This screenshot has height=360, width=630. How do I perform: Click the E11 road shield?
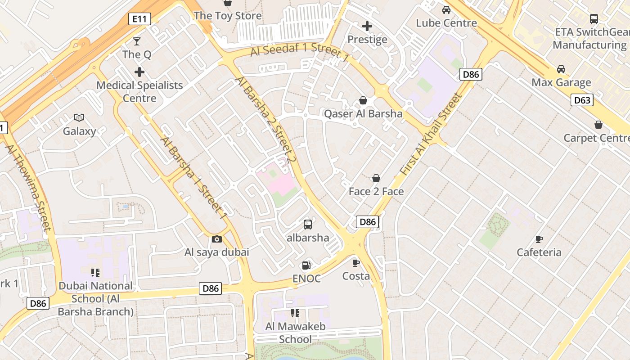coord(139,19)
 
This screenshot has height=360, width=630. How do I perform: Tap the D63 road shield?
coord(582,100)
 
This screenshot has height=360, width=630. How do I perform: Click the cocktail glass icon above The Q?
coord(137,41)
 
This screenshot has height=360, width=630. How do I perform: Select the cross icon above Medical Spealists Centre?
coord(139,72)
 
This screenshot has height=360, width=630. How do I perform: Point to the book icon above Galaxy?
coord(79,118)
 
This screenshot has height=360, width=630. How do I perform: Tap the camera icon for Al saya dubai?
coord(217,239)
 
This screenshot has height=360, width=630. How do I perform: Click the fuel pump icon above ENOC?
coord(306,265)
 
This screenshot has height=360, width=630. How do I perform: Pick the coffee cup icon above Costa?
coord(356,263)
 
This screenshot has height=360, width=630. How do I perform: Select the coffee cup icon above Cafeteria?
coord(539,239)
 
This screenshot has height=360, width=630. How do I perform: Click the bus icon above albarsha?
coord(308,224)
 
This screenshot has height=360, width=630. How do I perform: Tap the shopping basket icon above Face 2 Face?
coord(376,179)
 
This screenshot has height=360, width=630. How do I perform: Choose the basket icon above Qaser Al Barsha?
coord(363,100)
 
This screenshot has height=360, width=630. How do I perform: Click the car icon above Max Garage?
coord(561,69)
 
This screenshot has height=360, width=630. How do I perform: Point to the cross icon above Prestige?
coord(367,26)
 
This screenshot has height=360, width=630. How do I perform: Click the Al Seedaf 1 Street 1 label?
coord(300,52)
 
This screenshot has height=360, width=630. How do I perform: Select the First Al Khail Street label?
coord(431,134)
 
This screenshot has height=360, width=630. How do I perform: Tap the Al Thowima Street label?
coord(27,187)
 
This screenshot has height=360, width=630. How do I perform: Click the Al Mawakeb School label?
coord(295,333)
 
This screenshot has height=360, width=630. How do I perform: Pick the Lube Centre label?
coord(446,23)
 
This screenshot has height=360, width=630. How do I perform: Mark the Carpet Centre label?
coord(596,138)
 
